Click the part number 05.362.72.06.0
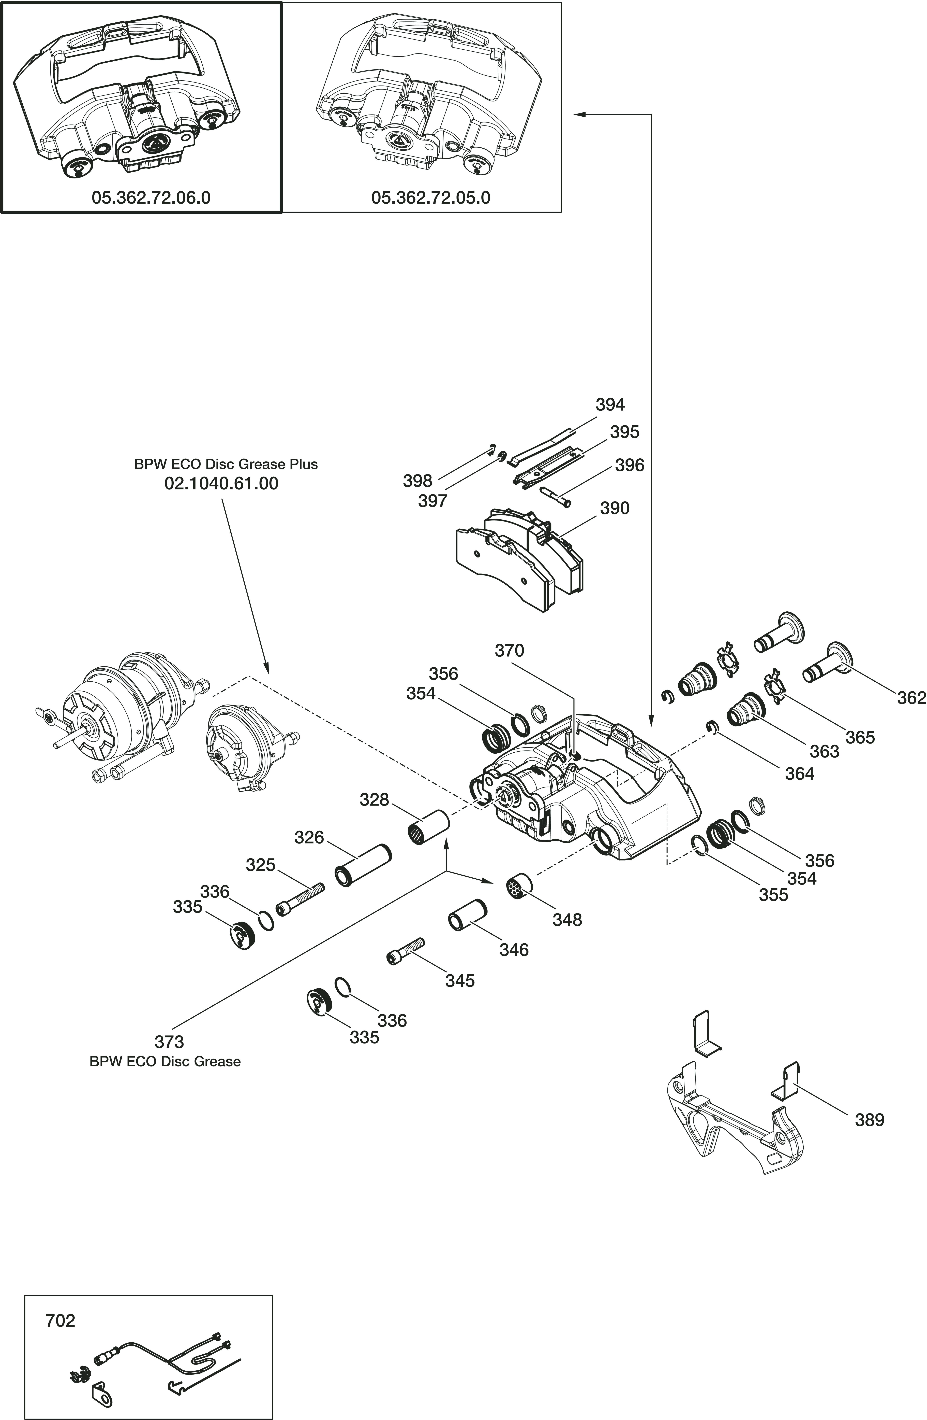tap(151, 198)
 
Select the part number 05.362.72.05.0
tap(430, 198)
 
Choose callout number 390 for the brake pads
tap(614, 508)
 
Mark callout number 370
tap(509, 650)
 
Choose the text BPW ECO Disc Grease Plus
tap(226, 464)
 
